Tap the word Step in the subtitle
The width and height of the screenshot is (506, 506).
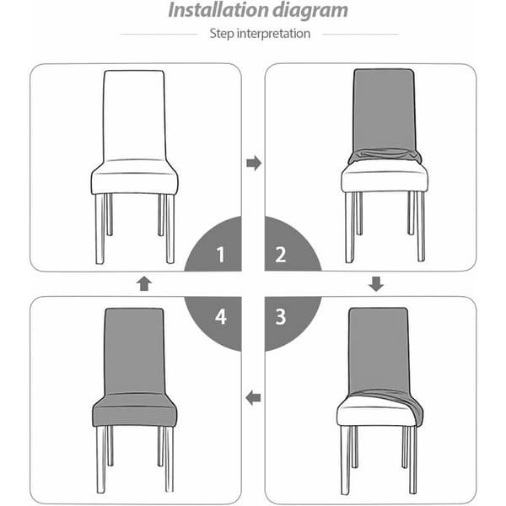tap(222, 34)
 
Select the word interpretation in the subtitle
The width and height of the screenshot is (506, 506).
tap(273, 34)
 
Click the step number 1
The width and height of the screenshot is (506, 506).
tap(220, 255)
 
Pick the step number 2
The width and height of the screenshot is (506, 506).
tap(281, 255)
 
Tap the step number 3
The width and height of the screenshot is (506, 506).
tap(281, 316)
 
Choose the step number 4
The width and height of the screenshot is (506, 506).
tap(221, 316)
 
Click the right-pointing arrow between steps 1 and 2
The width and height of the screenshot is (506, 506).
tap(254, 163)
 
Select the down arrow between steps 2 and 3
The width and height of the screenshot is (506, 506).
tap(376, 283)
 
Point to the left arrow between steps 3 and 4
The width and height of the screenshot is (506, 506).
tap(253, 397)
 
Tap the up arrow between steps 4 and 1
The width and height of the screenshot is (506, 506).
tap(144, 283)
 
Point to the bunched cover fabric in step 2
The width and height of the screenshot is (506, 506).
tap(385, 156)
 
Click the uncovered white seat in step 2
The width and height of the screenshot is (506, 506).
tap(385, 177)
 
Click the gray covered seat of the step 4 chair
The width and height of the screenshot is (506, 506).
tap(135, 410)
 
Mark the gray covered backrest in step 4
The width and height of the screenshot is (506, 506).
tap(134, 352)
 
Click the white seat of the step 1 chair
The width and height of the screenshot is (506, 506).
tap(134, 177)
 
